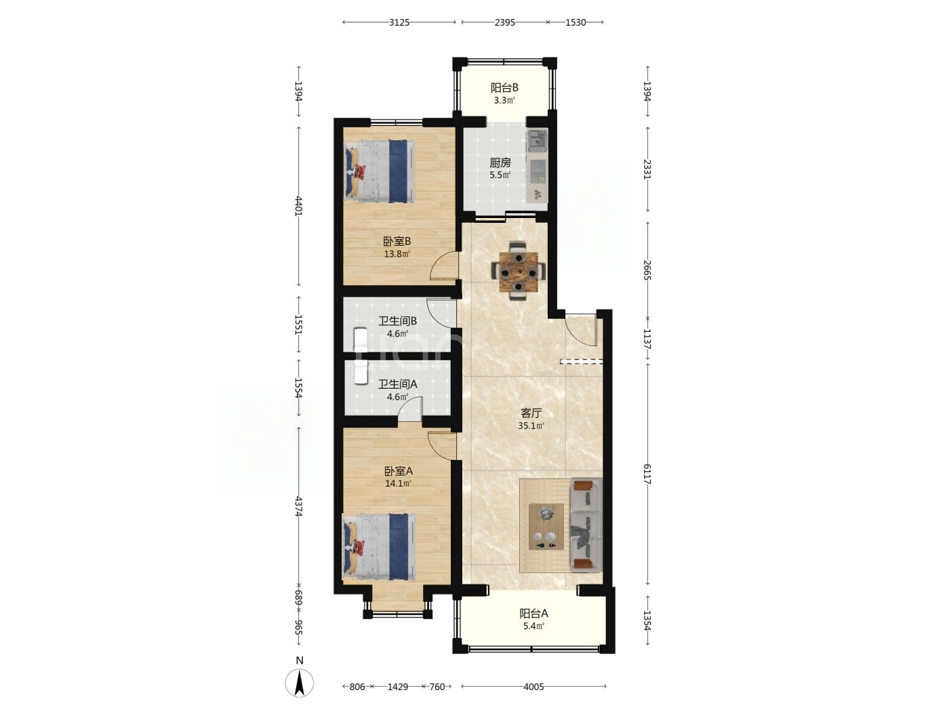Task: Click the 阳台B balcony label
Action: click(504, 88)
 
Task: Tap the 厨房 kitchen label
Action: click(500, 163)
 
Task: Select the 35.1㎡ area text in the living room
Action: click(531, 426)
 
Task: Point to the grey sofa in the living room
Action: click(586, 525)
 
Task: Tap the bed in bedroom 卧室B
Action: click(380, 171)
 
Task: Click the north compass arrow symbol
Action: click(299, 683)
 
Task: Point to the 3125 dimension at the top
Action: click(399, 22)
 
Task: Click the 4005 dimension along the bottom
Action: click(533, 687)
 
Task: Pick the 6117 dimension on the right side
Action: click(647, 474)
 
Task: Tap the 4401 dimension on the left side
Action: click(298, 206)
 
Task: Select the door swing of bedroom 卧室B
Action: click(443, 266)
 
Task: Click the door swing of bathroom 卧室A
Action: click(442, 446)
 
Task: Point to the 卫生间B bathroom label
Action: click(397, 321)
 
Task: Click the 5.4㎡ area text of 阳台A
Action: click(533, 626)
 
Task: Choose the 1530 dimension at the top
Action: click(576, 22)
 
